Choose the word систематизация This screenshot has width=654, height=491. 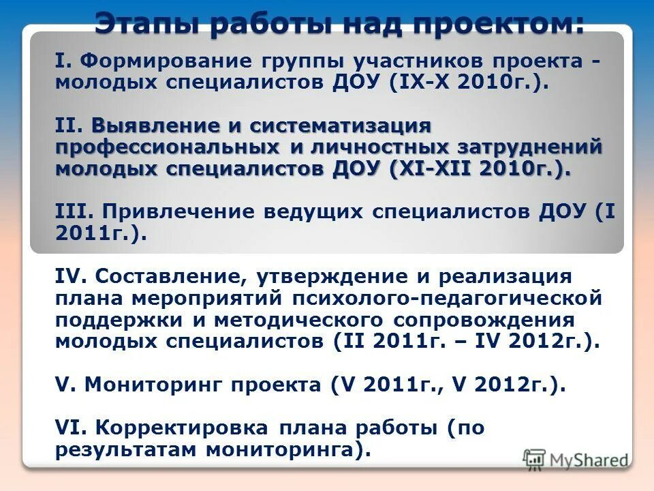click(x=341, y=125)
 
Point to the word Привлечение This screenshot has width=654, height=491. click(x=171, y=211)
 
